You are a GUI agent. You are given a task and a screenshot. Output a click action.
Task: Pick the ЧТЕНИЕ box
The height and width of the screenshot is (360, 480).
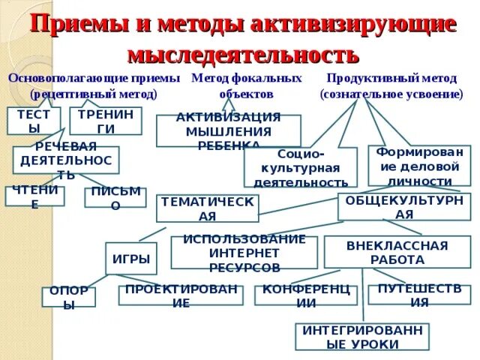click(x=34, y=196)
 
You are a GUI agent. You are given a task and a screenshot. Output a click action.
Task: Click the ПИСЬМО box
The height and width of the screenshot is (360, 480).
click(x=115, y=198)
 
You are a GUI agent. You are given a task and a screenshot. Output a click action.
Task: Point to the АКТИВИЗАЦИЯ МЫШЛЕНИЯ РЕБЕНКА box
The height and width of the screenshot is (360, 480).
click(x=229, y=130)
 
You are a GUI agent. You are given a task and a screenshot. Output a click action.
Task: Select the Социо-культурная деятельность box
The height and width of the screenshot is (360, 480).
click(x=300, y=167)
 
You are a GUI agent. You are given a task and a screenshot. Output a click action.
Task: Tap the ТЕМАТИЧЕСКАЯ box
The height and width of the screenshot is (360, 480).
click(x=207, y=208)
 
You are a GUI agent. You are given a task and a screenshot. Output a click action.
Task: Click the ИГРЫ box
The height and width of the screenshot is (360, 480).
click(x=131, y=259)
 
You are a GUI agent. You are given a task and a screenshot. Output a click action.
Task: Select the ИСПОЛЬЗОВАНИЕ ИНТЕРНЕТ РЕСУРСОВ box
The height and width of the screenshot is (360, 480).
click(x=244, y=253)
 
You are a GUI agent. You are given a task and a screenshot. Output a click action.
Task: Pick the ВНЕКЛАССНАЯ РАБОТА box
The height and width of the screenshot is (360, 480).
click(x=397, y=253)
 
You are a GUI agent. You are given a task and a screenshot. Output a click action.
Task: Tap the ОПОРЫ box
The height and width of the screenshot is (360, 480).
click(x=68, y=297)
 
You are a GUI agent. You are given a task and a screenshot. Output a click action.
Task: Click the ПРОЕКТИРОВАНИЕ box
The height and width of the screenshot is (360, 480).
click(x=181, y=295)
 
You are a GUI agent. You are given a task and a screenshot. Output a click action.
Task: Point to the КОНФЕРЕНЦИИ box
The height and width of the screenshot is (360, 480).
click(x=305, y=295)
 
